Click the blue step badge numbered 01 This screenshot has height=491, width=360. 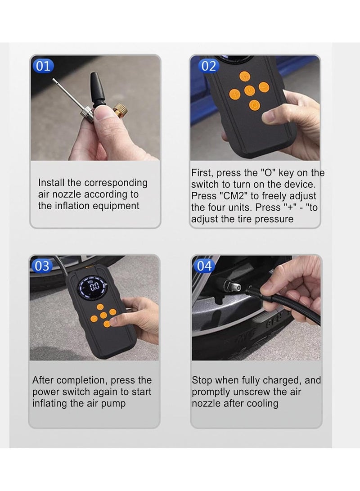click(x=43, y=66)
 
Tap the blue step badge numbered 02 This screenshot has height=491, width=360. click(x=208, y=66)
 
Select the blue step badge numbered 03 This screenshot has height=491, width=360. click(x=42, y=266)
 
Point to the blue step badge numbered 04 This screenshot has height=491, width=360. click(x=204, y=266)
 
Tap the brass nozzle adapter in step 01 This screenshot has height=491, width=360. click(x=120, y=109)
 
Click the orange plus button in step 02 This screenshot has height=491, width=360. click(x=234, y=94)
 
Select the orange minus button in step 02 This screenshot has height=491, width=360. click(x=264, y=87)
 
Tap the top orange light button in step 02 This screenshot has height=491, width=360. click(x=245, y=76)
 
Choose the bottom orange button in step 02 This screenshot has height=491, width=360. click(x=255, y=105)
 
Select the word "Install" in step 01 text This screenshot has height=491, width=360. click(x=51, y=183)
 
